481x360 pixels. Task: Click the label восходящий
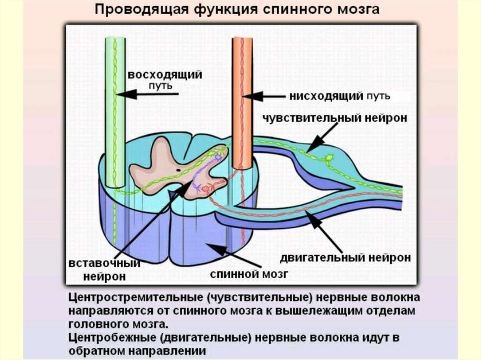pos(166,75)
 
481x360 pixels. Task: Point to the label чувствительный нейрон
pos(334,118)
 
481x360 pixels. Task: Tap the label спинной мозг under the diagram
pos(248,273)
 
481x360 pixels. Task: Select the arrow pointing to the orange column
pos(265,97)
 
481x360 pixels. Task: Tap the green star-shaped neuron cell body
pos(329,158)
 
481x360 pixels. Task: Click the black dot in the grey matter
pos(179,169)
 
